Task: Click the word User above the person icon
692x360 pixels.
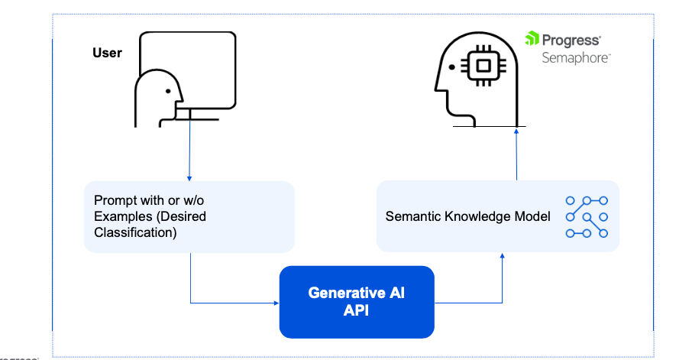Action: [107, 53]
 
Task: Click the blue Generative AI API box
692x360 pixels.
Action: [356, 302]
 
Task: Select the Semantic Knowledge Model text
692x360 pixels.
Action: [467, 216]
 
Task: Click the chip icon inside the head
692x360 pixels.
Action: [483, 66]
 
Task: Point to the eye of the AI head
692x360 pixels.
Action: [452, 67]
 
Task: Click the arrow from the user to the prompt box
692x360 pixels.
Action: [189, 153]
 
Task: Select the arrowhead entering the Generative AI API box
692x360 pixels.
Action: [275, 303]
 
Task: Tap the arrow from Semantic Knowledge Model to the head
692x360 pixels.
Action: [517, 153]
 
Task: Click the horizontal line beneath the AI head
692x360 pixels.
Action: [489, 126]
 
